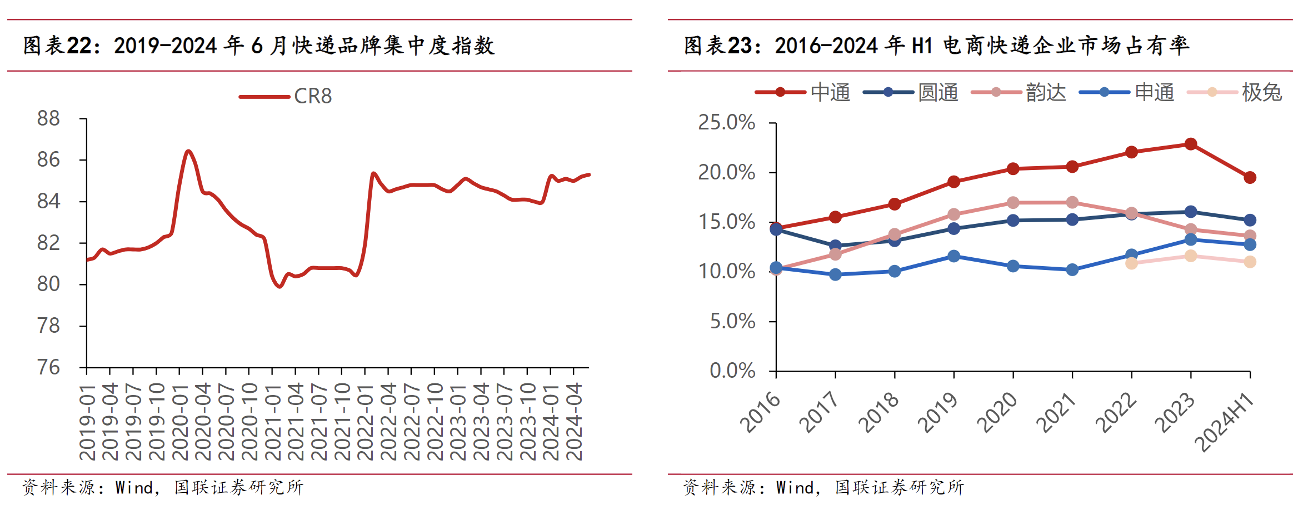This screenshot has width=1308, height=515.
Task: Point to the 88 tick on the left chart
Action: coord(48,118)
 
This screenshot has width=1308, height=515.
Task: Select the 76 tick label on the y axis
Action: coord(48,367)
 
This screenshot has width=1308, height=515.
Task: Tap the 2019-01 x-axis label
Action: coord(88,422)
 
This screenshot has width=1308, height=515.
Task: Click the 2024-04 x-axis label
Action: coord(574,422)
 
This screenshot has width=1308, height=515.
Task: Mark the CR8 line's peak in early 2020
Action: coord(188,151)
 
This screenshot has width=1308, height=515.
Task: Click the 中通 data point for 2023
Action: coord(1190,144)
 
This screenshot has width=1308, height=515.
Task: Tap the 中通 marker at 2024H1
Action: coord(1250,178)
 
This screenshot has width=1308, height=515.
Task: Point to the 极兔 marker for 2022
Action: coord(1131,263)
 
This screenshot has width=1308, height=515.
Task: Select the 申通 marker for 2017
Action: coord(835,274)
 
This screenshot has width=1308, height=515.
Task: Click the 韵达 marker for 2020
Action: coord(1013,202)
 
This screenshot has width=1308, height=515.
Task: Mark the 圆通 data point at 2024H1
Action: coord(1250,220)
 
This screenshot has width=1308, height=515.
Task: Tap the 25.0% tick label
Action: coord(726,123)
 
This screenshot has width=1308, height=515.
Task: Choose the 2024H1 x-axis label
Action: coord(1225,423)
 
